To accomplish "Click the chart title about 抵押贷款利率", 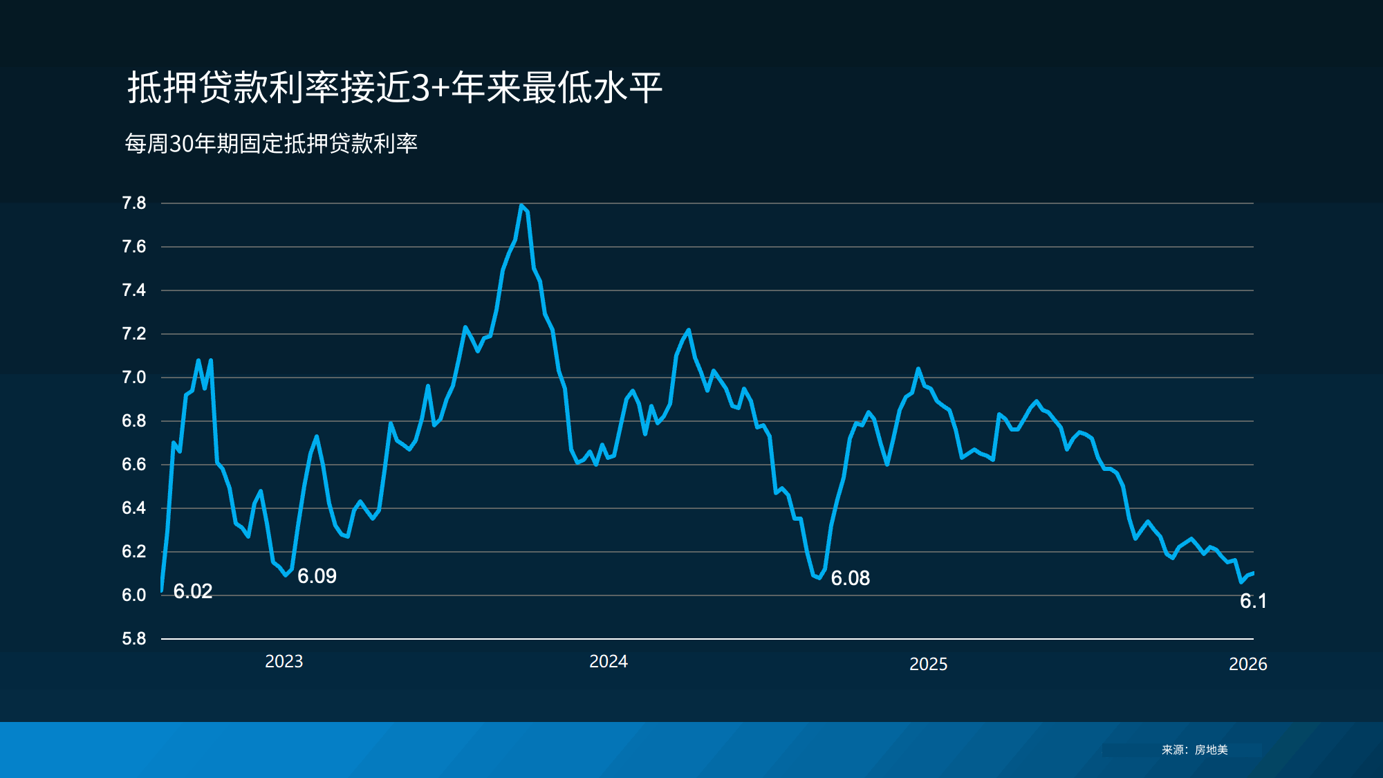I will pos(395,88).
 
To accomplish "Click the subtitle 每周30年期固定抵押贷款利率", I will pos(271,144).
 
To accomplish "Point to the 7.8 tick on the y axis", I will pos(134,203).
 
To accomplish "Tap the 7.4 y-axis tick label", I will pos(134,290).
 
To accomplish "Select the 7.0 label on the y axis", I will pos(134,378).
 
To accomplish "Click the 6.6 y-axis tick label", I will pos(134,465).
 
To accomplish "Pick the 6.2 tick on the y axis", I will pos(134,552).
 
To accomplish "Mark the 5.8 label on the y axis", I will pos(134,639).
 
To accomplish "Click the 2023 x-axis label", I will pos(284,662).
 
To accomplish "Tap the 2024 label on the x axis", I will pos(609,662).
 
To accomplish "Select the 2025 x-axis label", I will pos(928,665).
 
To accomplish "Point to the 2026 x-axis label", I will pos(1248,665).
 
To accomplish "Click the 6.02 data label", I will pos(193,591).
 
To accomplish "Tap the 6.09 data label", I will pos(317,576).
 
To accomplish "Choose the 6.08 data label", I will pos(851,578).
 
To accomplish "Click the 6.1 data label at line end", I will pos(1253,601).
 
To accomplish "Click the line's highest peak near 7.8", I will pos(521,205).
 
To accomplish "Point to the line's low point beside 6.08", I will pos(819,577).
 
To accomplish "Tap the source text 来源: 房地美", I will pos(1194,750).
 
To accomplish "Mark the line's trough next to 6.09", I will pos(286,575).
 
